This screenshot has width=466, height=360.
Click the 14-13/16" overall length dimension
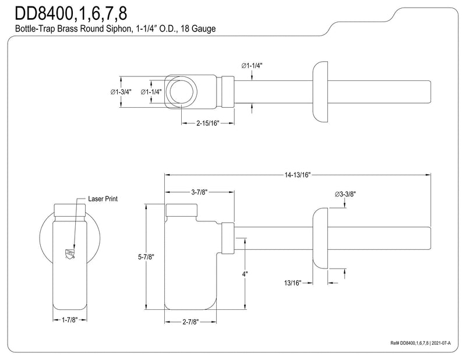(x=297, y=175)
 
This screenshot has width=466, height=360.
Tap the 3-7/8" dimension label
(x=199, y=192)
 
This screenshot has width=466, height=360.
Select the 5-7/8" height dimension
(x=146, y=257)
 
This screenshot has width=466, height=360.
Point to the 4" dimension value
(x=245, y=274)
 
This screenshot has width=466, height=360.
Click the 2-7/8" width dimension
(x=190, y=322)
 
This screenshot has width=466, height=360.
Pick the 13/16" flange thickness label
(x=293, y=283)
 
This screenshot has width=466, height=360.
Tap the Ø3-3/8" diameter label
(x=345, y=194)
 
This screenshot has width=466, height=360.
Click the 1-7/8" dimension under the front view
(x=69, y=320)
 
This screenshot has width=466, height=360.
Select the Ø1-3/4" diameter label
(x=121, y=92)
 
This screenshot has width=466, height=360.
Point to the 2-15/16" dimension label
(x=207, y=123)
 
